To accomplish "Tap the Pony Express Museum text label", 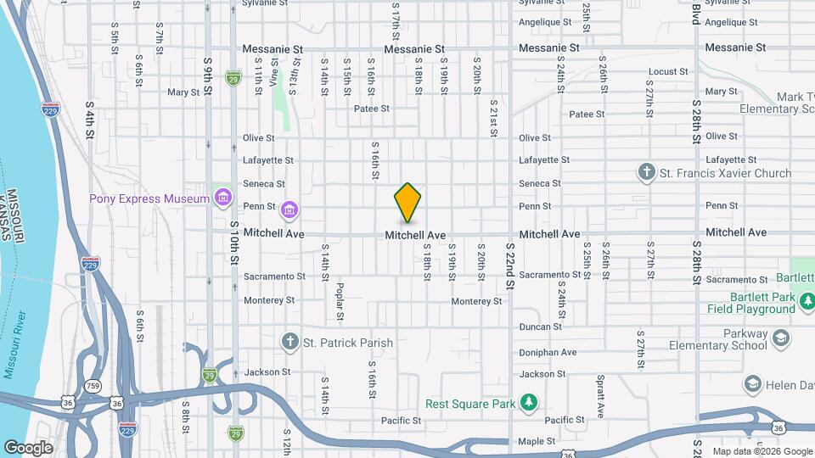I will click(x=149, y=198).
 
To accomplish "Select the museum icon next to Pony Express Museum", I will click(x=223, y=198).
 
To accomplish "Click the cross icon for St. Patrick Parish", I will click(x=289, y=343).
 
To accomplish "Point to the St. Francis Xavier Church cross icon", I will click(x=646, y=173).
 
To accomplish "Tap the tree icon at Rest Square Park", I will click(x=529, y=400).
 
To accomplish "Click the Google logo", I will click(x=28, y=447).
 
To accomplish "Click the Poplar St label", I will click(x=340, y=302).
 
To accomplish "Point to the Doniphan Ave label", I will click(x=548, y=352).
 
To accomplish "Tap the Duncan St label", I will click(x=541, y=326).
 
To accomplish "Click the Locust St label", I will click(x=666, y=72).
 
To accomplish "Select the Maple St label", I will click(x=537, y=441).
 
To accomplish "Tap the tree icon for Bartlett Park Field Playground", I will click(x=808, y=301).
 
